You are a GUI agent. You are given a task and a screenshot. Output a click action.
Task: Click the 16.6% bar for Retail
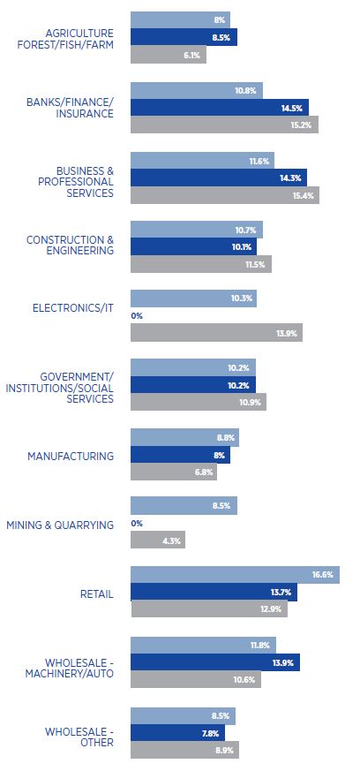[x=235, y=574]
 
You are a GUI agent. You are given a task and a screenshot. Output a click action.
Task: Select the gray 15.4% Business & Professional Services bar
[x=224, y=194]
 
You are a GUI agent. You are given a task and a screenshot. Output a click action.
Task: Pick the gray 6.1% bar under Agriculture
[x=168, y=55]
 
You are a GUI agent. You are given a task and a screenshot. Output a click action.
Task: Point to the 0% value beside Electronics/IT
[x=137, y=315]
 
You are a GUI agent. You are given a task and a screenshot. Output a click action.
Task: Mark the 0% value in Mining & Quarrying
[x=137, y=524]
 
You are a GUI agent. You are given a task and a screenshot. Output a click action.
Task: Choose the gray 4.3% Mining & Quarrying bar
[x=158, y=540]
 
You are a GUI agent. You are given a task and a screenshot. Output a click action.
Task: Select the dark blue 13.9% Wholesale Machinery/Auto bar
[x=214, y=662]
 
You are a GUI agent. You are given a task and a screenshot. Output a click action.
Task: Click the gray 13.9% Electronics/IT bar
[x=216, y=332]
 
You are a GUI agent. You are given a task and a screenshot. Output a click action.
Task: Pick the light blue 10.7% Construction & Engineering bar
[x=196, y=230]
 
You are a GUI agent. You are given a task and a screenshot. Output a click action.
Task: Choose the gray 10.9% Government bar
[x=198, y=402]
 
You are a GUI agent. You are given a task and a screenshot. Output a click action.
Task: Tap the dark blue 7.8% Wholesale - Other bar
[x=177, y=732]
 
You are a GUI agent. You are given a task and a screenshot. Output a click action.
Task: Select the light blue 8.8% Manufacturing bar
[x=184, y=437]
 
